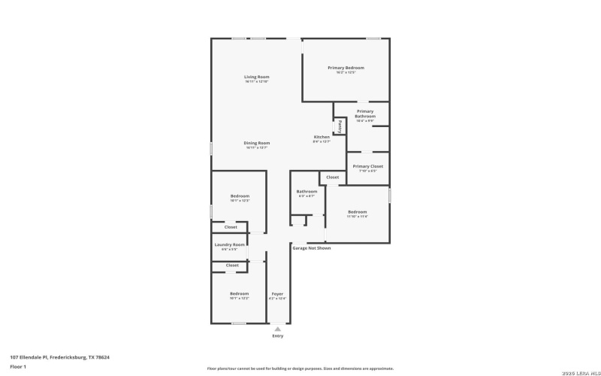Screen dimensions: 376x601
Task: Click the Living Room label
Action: [x=256, y=77]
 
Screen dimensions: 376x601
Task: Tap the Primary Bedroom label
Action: [x=346, y=68]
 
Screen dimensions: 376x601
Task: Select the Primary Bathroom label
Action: [x=365, y=114]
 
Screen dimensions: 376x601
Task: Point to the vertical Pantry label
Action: [x=340, y=126]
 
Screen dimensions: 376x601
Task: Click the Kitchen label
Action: [x=322, y=137]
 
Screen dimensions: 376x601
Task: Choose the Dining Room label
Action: [x=256, y=143]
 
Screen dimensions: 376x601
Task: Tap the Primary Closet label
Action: [x=367, y=165]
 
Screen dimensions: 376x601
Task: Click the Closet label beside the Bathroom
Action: [x=332, y=177]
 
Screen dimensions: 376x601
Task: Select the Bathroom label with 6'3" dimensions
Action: [x=307, y=192]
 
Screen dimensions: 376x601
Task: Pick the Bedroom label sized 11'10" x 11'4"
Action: [x=357, y=212]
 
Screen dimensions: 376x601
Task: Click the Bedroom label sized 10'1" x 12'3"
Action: [x=240, y=196]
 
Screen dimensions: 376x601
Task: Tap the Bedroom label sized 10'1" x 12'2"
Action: [x=239, y=293]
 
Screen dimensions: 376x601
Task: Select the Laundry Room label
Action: [x=230, y=244]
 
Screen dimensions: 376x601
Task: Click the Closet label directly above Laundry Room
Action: [x=231, y=227]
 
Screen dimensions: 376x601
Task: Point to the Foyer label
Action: [x=277, y=293]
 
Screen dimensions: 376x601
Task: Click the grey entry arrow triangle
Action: [x=278, y=329]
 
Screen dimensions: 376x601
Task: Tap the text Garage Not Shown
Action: [x=311, y=247]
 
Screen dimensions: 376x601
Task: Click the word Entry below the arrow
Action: [x=278, y=336]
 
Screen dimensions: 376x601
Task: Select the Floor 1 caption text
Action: [x=18, y=366]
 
